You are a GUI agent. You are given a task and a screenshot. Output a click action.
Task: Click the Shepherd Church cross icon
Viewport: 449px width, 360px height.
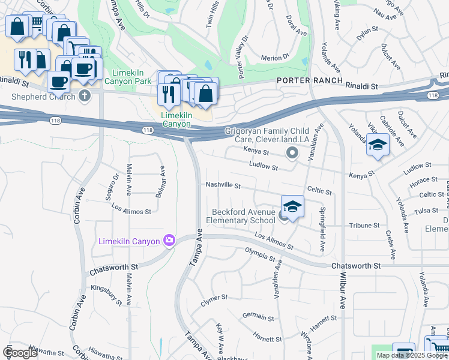pyautogui.click(x=85, y=97)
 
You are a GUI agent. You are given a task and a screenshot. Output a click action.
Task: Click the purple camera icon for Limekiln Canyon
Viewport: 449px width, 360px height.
pyautogui.click(x=169, y=241)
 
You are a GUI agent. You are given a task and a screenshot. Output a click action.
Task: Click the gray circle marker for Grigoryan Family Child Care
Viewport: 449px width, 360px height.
pyautogui.click(x=292, y=154)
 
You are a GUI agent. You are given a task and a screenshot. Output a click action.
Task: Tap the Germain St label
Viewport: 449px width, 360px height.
pyautogui.click(x=258, y=316)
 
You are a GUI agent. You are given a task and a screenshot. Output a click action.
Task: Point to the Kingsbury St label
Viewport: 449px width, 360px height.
pyautogui.click(x=106, y=288)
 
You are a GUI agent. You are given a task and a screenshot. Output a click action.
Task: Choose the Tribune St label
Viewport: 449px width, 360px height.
pyautogui.click(x=364, y=226)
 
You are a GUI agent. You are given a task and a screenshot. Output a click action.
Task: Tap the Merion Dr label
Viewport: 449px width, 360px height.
pyautogui.click(x=276, y=58)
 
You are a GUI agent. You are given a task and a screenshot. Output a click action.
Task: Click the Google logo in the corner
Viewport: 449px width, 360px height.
pyautogui.click(x=20, y=353)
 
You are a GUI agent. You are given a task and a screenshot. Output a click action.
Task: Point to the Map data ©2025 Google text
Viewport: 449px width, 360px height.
pyautogui.click(x=412, y=355)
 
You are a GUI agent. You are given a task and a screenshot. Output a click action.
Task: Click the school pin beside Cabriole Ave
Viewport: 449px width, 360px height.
pyautogui.click(x=378, y=146)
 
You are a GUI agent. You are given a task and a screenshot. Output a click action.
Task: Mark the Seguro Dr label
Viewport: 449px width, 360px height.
pyautogui.click(x=115, y=185)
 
